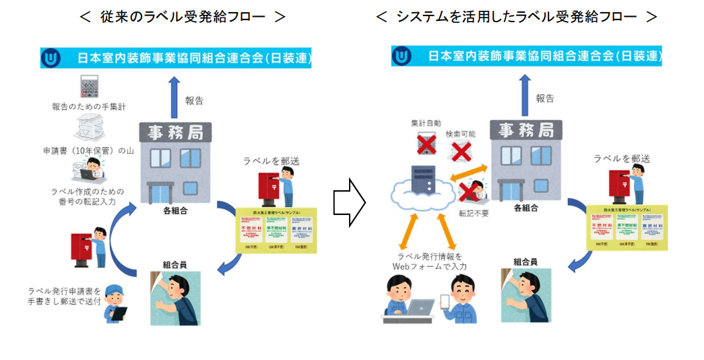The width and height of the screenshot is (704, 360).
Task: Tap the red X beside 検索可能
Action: point(460,152)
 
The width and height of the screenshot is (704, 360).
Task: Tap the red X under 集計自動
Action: point(426,144)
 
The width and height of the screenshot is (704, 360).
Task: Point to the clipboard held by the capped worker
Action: point(118,315)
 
